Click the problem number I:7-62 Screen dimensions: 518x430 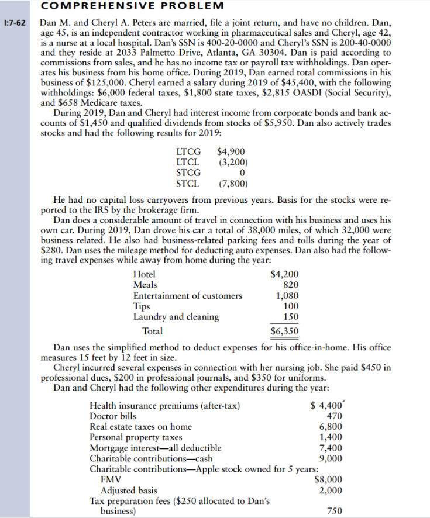point(14,25)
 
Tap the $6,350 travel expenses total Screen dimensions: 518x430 point(285,331)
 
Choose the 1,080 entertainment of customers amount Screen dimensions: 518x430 point(288,296)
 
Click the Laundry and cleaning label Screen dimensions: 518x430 point(176,317)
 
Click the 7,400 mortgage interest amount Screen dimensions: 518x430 point(330,448)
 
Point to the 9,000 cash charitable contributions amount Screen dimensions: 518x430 point(330,459)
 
